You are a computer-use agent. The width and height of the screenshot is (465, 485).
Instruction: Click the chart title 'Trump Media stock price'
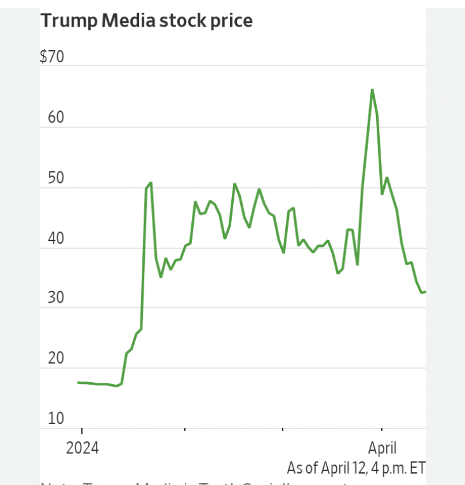(146, 21)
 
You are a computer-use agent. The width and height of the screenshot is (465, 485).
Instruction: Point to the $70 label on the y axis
(52, 57)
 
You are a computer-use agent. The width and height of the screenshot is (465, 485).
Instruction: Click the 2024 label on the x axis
(82, 448)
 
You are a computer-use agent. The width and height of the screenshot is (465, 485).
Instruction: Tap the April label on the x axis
(383, 448)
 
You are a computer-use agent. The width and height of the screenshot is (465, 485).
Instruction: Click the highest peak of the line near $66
(372, 90)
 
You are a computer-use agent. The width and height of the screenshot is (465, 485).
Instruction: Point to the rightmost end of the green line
(425, 291)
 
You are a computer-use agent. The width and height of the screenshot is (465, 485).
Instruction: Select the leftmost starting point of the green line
(78, 382)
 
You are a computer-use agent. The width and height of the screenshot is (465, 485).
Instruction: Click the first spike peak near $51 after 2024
(151, 183)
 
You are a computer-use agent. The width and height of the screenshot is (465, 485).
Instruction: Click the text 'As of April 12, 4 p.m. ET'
(356, 468)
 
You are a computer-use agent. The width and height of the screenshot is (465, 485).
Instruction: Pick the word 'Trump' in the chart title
(64, 21)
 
